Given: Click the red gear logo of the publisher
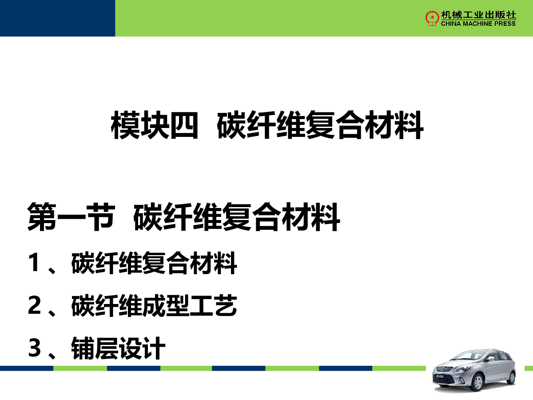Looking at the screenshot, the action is pos(432,18).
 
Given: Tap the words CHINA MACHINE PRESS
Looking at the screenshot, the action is pos(478,24).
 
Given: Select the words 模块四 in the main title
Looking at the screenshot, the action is pos(155,125).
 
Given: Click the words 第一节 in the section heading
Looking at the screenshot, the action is pos(71,216).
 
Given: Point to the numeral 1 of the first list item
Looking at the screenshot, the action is pos(33,262).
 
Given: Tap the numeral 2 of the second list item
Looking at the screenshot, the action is pos(34,305).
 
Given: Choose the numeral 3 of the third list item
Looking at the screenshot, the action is pos(34,348).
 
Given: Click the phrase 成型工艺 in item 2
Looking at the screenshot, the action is pos(189,305).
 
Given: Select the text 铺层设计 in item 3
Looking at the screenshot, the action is pos(119,348).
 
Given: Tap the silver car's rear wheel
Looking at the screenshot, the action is pos(513,377).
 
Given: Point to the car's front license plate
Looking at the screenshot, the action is pos(440,376).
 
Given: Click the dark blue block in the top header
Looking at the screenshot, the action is pos(58,18).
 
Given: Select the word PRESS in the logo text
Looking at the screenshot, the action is pos(505,24).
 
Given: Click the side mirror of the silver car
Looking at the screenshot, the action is pos(491,358).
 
